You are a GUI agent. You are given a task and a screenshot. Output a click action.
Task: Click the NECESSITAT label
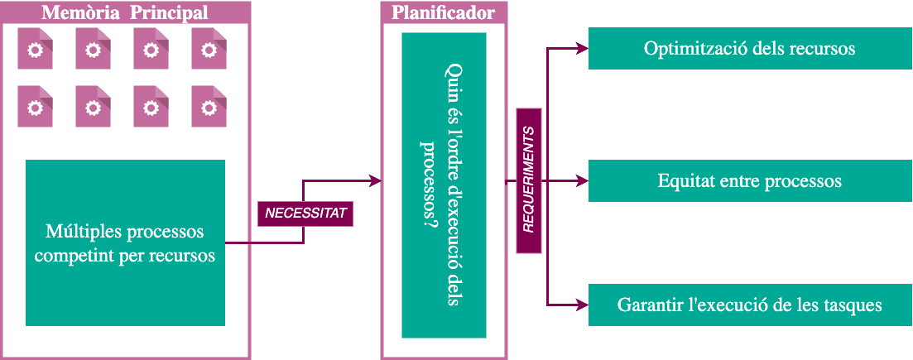click(x=305, y=214)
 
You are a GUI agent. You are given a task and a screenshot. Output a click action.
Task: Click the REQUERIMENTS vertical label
click(x=529, y=180)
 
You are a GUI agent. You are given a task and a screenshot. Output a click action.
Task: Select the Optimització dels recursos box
click(x=749, y=48)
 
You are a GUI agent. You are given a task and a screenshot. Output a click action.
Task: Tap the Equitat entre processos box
click(x=749, y=180)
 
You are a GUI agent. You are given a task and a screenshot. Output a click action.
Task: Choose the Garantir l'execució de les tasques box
click(x=749, y=305)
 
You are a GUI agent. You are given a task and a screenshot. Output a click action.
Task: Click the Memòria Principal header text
click(x=124, y=12)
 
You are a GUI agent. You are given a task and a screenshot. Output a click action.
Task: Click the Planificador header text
click(x=444, y=12)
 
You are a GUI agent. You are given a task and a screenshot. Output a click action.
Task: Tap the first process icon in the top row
click(x=35, y=50)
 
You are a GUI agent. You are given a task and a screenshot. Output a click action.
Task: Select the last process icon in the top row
click(x=209, y=50)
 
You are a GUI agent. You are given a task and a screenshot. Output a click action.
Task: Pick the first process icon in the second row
click(x=35, y=108)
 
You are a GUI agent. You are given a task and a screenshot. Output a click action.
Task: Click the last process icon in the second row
click(x=209, y=108)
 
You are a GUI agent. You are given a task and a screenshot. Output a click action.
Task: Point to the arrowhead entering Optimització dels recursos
click(x=582, y=48)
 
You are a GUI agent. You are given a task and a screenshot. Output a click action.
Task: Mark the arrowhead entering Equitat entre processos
click(x=582, y=180)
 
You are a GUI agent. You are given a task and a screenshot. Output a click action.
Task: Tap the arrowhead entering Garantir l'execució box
click(x=582, y=305)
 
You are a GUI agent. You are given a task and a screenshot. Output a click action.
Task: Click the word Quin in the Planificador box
click(x=452, y=81)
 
